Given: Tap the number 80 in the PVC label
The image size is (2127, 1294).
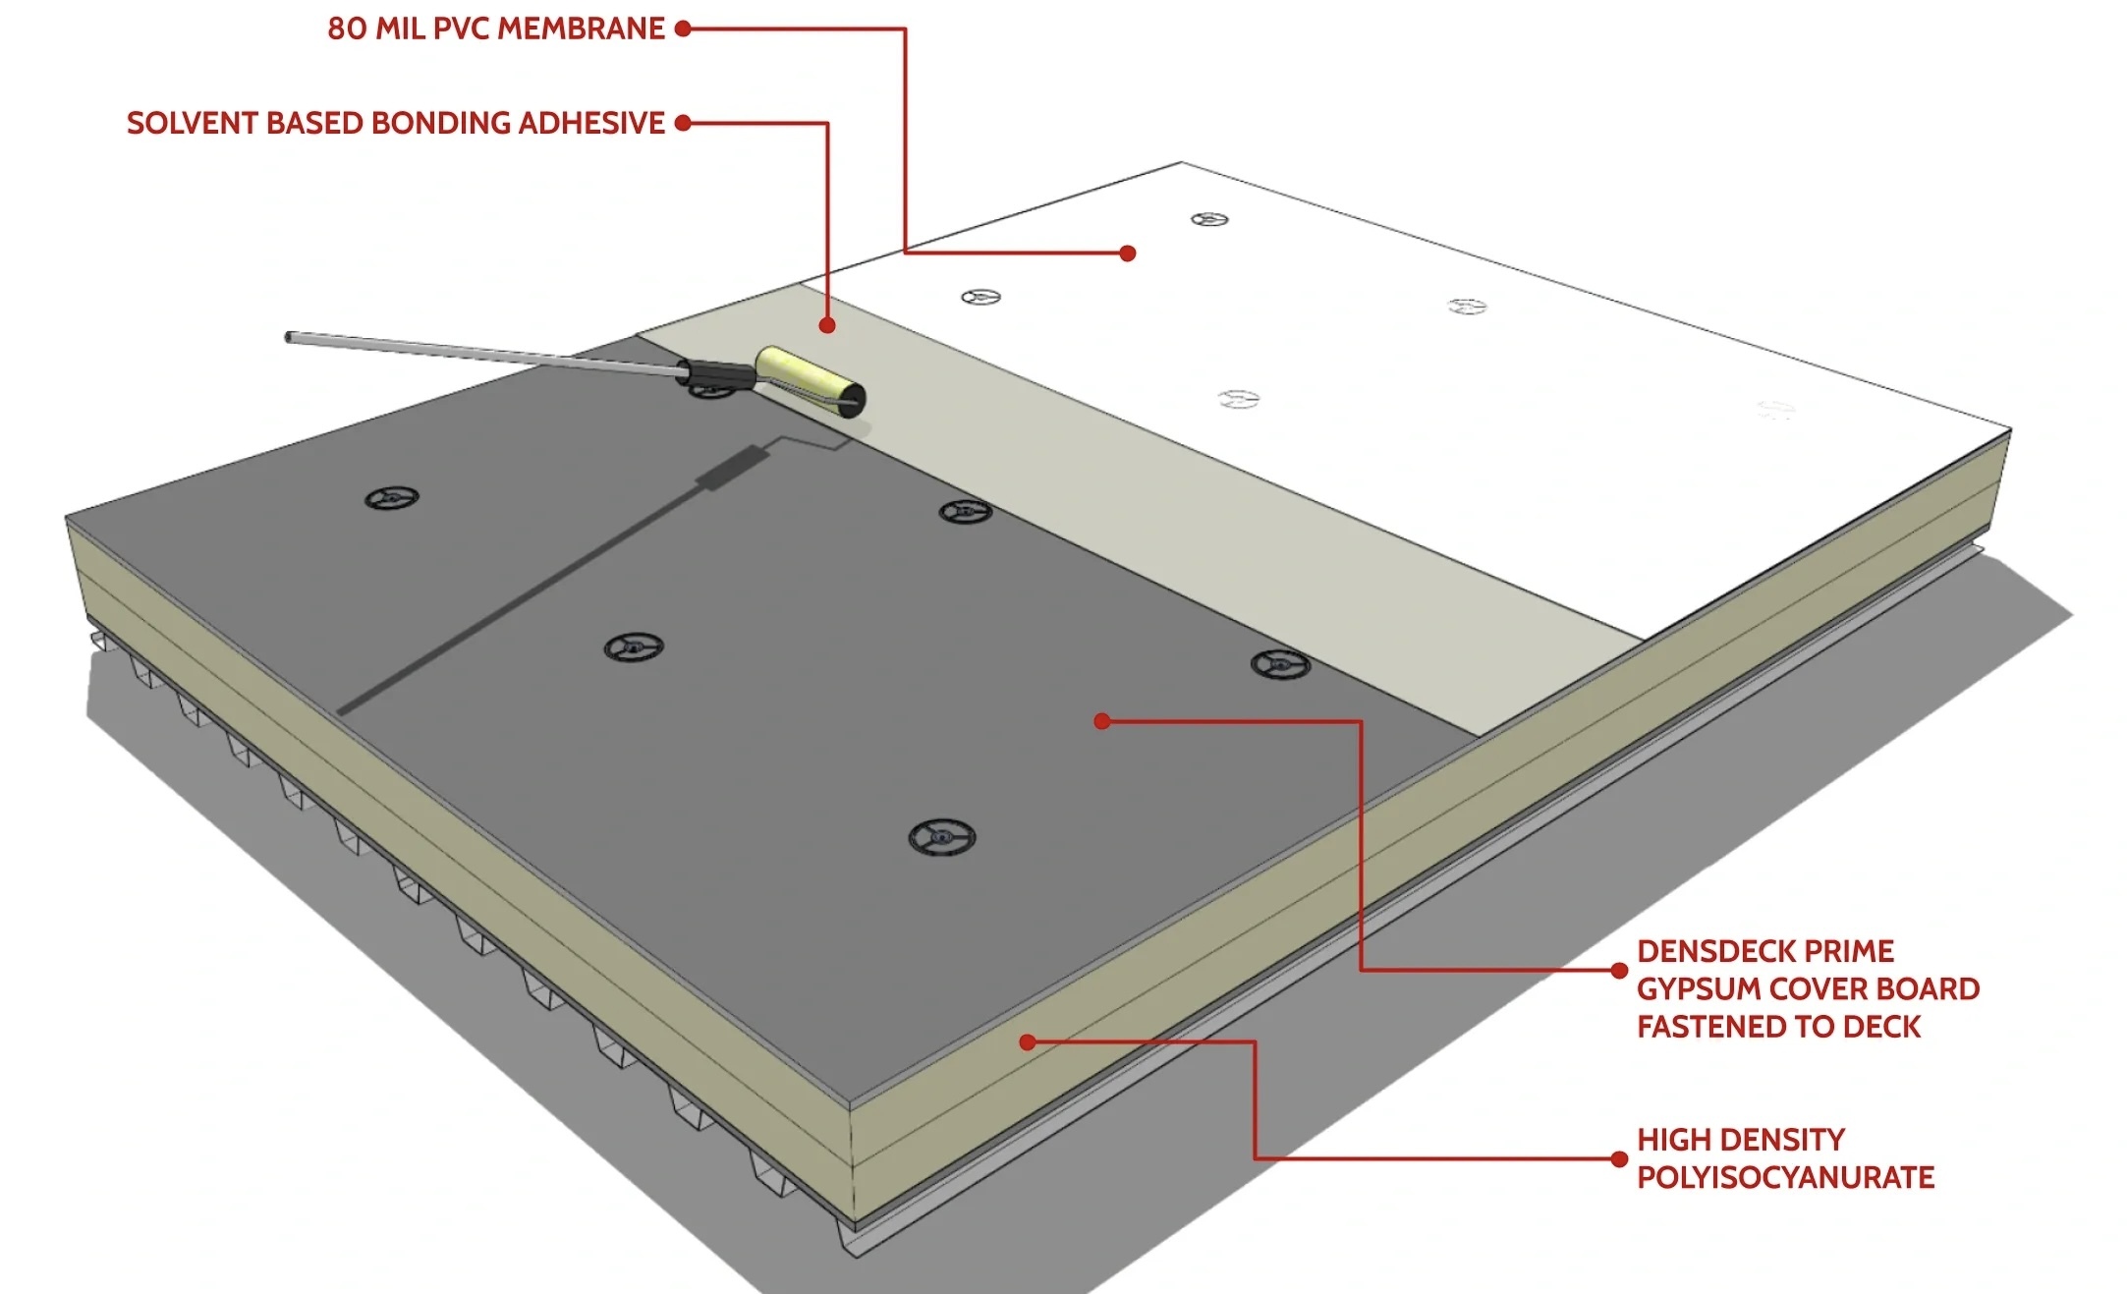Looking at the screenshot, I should click(x=347, y=28).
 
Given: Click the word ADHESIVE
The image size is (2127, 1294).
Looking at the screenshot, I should click(x=591, y=123).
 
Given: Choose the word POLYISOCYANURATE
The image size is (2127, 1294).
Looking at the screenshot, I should click(x=1785, y=1177).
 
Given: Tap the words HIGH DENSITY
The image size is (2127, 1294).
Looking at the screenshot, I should click(x=1741, y=1140).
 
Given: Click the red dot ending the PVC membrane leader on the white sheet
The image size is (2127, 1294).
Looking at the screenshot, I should click(x=1128, y=253).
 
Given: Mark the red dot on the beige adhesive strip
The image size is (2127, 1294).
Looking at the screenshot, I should click(x=827, y=325).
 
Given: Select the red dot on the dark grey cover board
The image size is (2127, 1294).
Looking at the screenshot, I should click(x=1102, y=721).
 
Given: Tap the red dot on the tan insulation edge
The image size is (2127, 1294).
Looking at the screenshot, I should click(x=1028, y=1041).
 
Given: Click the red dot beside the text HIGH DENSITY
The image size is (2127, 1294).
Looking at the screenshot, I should click(x=1620, y=1159).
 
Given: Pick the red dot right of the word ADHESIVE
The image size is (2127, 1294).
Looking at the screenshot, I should click(x=683, y=123).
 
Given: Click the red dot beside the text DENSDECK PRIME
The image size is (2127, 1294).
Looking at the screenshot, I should click(x=1620, y=971).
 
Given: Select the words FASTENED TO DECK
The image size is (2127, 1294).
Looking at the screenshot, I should click(x=1778, y=1027).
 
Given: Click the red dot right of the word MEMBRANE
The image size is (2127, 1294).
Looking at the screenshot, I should click(x=683, y=28).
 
